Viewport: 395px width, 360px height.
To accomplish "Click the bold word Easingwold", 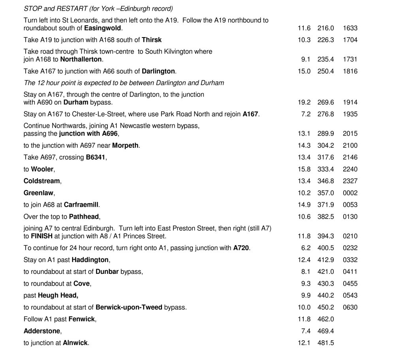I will [x=103, y=28].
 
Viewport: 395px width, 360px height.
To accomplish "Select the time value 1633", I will [x=350, y=28].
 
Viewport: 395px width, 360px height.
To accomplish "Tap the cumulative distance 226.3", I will [x=326, y=40].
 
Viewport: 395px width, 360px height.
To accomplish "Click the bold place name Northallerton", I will [x=81, y=59].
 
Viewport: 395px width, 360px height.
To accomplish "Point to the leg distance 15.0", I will [x=304, y=71].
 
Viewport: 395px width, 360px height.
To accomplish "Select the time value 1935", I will [x=350, y=114].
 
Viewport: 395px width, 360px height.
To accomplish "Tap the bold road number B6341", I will [x=96, y=157].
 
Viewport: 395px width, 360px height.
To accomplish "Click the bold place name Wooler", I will [x=42, y=169].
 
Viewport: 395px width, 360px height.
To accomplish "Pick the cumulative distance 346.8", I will [x=326, y=181].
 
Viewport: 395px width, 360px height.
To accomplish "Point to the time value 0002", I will [x=350, y=193].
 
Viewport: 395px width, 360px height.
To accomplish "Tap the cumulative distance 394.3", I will [x=326, y=236].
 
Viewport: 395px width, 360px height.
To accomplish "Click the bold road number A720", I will [x=241, y=248].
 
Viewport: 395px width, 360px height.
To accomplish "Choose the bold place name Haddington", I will [x=90, y=260].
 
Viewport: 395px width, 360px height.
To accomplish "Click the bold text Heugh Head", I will [x=58, y=296].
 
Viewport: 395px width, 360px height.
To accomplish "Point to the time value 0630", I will [x=350, y=307].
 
